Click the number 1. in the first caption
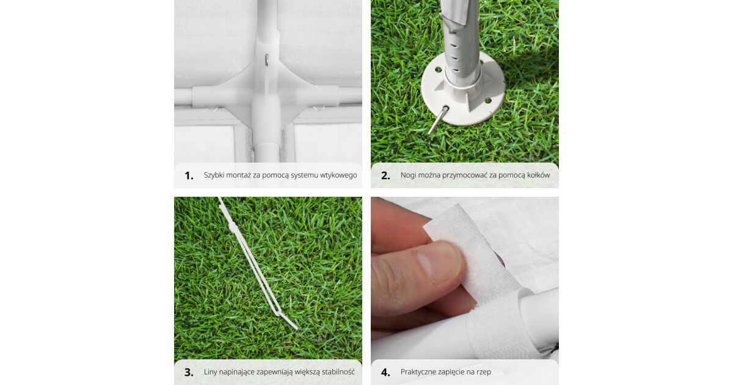click(189, 176)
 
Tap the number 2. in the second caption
click(385, 176)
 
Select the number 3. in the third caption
click(189, 372)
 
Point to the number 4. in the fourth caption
click(385, 372)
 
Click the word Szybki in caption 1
click(214, 175)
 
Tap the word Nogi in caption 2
click(408, 175)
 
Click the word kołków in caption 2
click(539, 175)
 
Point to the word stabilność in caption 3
click(338, 372)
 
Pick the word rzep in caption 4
click(484, 373)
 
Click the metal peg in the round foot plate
click(438, 120)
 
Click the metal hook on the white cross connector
click(267, 60)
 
